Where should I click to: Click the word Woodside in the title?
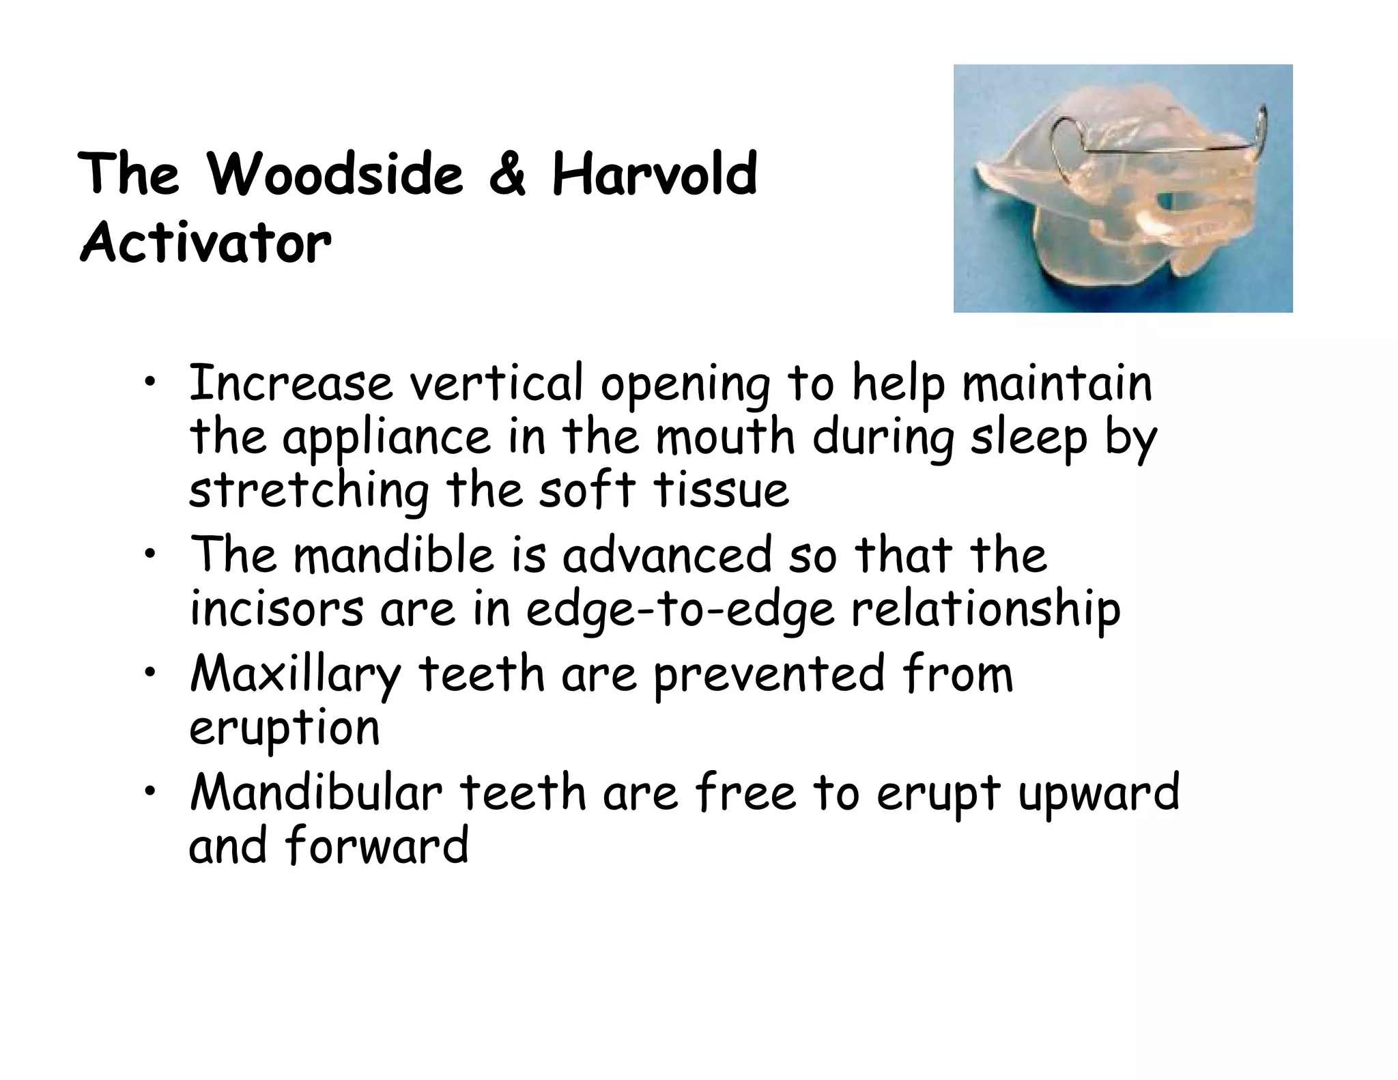335,175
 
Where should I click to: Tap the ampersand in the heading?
507,175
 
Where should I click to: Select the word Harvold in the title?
655,175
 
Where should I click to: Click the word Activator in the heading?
205,243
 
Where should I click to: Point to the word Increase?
291,384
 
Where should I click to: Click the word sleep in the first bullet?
1029,438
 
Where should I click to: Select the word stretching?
309,492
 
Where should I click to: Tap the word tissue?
721,492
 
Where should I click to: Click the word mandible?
393,555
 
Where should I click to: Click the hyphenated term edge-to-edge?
680,610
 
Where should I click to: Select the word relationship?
985,610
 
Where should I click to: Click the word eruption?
284,728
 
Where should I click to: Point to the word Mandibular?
316,793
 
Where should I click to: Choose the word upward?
1098,793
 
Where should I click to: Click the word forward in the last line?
376,847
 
